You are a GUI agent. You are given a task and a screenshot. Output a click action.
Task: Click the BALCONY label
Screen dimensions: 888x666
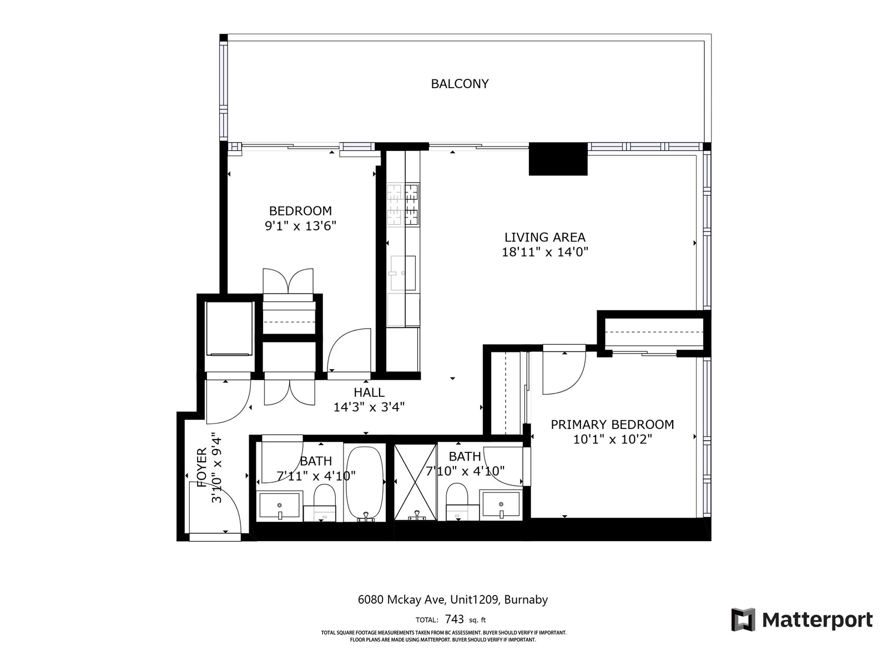(460, 84)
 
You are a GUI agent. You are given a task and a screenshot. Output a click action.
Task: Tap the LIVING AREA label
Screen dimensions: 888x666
(544, 237)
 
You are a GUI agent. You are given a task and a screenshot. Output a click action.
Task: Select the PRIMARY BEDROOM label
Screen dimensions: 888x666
(612, 425)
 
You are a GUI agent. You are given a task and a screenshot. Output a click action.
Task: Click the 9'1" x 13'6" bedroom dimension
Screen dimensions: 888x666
(301, 226)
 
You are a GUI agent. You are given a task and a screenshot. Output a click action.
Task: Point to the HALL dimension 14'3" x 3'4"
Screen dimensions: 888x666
(369, 407)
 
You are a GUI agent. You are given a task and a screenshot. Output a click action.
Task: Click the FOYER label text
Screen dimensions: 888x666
(202, 467)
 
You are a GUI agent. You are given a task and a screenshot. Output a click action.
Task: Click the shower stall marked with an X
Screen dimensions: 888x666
(416, 482)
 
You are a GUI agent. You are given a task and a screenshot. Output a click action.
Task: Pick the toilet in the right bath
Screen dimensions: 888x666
(457, 502)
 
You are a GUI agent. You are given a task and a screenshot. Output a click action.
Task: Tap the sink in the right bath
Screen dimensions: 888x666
(501, 504)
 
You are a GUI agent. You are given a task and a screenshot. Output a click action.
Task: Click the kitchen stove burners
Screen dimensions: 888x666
(403, 204)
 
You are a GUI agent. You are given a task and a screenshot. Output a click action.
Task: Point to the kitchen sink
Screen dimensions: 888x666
(403, 273)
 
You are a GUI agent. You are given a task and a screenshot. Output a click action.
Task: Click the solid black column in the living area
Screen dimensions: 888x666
(558, 159)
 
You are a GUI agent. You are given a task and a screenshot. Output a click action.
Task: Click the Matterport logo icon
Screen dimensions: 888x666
(743, 619)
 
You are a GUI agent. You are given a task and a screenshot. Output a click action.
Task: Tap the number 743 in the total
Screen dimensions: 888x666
(454, 619)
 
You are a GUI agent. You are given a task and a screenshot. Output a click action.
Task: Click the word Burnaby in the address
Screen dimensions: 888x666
(526, 599)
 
